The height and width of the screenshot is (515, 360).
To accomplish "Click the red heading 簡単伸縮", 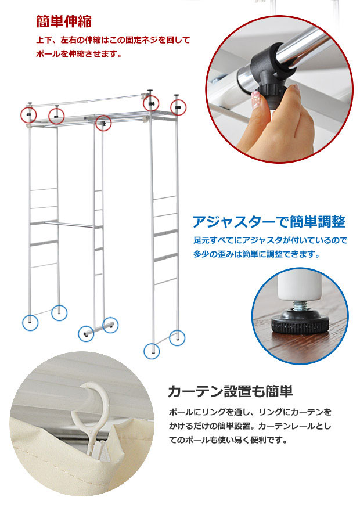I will point(63,21).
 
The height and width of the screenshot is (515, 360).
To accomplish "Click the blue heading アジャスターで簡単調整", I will point(269,222).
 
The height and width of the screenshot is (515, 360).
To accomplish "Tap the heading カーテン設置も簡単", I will point(229,391).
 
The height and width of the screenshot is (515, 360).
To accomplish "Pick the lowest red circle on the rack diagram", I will point(103,123).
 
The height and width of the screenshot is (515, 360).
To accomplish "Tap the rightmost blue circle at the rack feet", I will point(177,337).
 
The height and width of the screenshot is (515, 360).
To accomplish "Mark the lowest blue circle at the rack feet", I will point(152,351).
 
